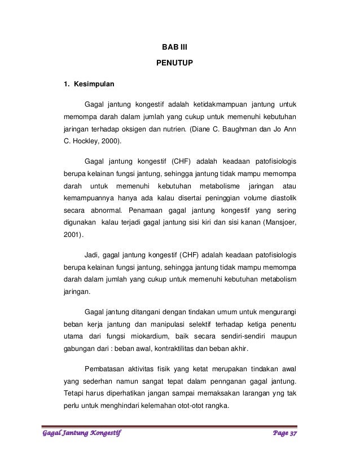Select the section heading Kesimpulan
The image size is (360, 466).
(93, 85)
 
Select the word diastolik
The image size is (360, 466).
(282, 198)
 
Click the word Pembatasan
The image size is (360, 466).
(106, 368)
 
